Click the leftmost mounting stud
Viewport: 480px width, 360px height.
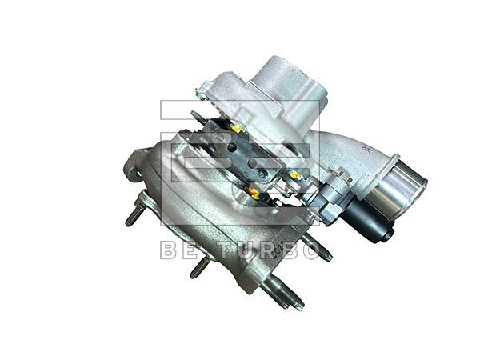(133, 215)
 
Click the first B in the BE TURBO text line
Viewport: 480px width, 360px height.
(170, 250)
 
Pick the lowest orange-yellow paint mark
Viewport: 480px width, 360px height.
(254, 191)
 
